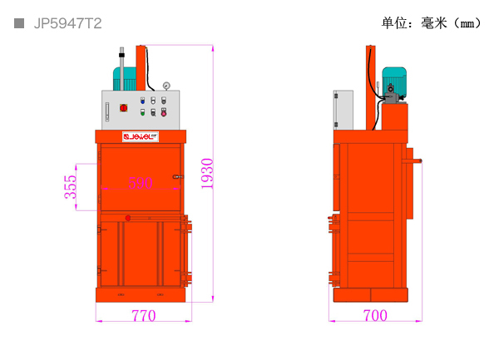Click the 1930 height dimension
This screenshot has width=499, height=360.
pos(207,173)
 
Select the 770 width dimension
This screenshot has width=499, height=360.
pos(143,316)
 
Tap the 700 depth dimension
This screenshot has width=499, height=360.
pos(375,316)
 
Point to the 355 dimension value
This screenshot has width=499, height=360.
pos(72,187)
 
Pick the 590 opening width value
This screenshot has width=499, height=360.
pos(140,183)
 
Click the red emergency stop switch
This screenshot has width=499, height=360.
pos(124,107)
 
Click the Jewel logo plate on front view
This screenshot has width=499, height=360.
pos(141,136)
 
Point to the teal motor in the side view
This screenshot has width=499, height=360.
pos(393,84)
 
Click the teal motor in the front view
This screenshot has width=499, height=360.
pos(129,78)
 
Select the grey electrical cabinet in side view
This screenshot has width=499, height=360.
pos(343,110)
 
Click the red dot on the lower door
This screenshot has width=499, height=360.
pos(127,218)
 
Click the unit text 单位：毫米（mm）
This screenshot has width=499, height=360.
pos(432,23)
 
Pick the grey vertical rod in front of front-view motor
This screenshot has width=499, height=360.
pos(121,71)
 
